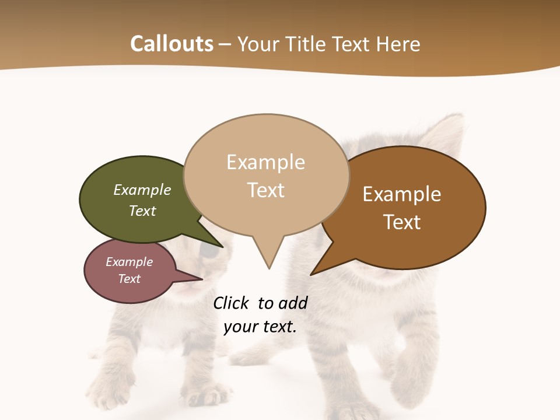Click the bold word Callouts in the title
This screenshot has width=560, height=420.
pyautogui.click(x=171, y=44)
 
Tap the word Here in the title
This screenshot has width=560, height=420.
pyautogui.click(x=398, y=44)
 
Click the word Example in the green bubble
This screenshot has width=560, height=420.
pyautogui.click(x=142, y=190)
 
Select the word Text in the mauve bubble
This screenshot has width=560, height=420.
pyautogui.click(x=129, y=279)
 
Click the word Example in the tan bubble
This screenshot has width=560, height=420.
pyautogui.click(x=265, y=162)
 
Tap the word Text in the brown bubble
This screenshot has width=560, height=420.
pyautogui.click(x=402, y=222)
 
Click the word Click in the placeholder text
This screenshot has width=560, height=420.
pyautogui.click(x=230, y=303)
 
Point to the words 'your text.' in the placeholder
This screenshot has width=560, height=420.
pyautogui.click(x=260, y=327)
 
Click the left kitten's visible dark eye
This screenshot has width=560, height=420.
pyautogui.click(x=210, y=251)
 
